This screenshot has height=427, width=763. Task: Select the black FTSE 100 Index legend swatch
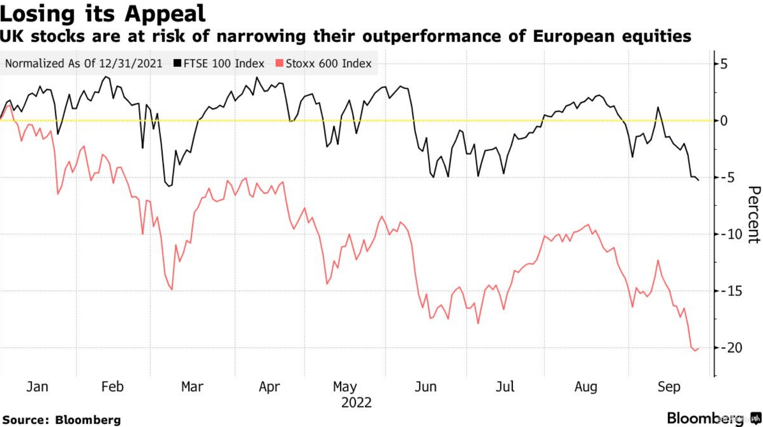coord(178,63)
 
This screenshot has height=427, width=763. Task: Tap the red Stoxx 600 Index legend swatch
coord(279,63)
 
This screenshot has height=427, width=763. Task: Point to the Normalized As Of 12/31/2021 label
coord(84,64)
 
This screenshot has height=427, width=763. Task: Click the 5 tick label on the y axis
coord(724,64)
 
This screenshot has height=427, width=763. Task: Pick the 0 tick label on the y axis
coord(724,121)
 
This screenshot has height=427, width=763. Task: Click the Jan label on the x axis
coord(37,387)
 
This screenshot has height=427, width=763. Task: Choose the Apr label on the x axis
coord(269,387)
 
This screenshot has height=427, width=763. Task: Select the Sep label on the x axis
coord(669,387)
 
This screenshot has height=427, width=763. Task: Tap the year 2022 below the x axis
coord(356,403)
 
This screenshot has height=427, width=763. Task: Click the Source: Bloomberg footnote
coord(62,420)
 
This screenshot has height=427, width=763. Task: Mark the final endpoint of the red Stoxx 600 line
coord(698,348)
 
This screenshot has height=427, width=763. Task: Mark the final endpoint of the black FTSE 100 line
coord(698,180)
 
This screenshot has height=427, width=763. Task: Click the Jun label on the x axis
coord(426,387)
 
